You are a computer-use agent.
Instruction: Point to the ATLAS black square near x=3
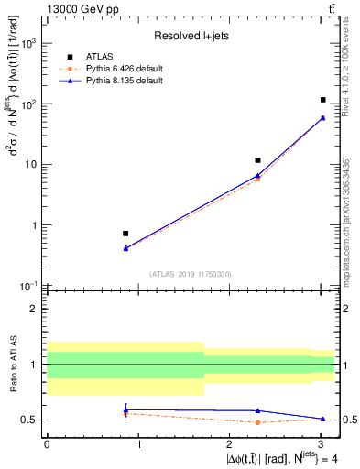pos(323,100)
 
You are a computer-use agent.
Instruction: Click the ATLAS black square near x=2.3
pos(258,160)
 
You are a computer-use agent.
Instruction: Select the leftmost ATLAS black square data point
pos(125,234)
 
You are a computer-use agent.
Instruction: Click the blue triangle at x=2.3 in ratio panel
pos(258,410)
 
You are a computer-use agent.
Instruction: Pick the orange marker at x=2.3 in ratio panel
pos(258,422)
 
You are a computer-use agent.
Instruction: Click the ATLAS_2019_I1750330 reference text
pos(191,274)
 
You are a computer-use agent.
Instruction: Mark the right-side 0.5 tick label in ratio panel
pos(347,420)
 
